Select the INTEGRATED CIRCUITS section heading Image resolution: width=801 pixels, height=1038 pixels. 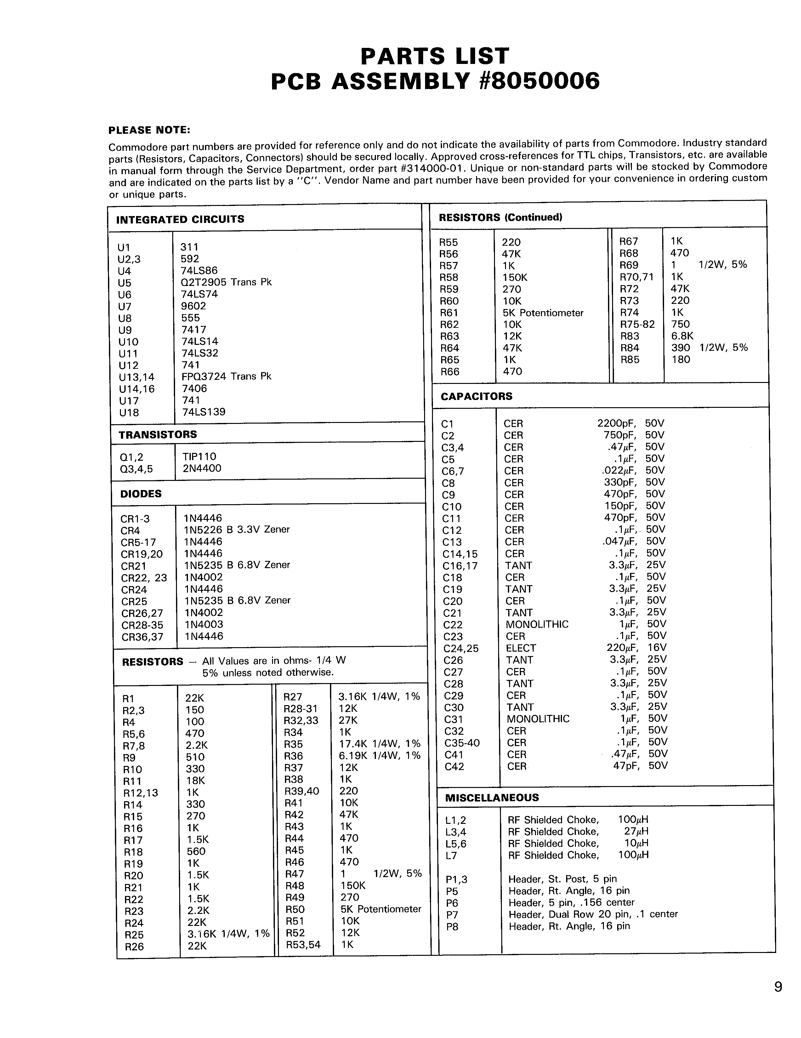(180, 220)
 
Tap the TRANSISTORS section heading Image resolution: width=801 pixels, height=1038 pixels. (157, 434)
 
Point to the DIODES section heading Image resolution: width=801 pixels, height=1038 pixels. (141, 494)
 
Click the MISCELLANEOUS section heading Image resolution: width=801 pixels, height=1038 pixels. (492, 797)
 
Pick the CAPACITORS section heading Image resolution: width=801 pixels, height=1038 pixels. (476, 396)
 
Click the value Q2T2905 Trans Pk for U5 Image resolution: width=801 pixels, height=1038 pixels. (226, 282)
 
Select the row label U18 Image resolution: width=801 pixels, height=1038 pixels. (129, 413)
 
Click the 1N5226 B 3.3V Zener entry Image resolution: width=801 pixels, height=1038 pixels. (236, 529)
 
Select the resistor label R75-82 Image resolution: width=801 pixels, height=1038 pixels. (637, 324)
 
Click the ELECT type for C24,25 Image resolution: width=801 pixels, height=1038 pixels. (521, 648)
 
